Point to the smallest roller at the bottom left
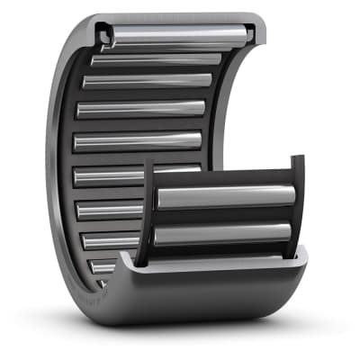(x=103, y=267)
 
